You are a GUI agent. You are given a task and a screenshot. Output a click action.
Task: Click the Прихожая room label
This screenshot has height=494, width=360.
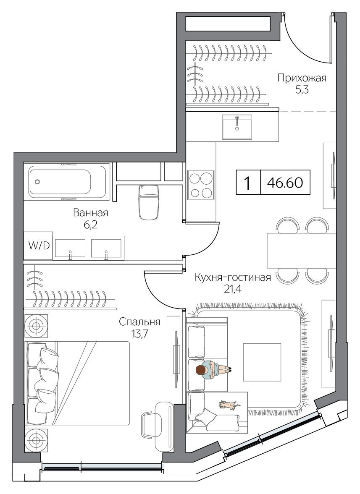point(302,78)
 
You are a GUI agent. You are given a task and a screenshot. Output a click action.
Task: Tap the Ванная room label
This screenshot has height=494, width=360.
point(90,213)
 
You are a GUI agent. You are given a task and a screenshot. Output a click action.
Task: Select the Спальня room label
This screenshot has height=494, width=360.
point(139,322)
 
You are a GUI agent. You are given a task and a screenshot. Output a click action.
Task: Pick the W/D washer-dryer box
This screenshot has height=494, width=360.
point(38,246)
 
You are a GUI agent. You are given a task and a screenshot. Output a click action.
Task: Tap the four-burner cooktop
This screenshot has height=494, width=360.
point(201,185)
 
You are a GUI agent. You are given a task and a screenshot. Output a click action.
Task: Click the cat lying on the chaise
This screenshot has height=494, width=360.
point(229,405)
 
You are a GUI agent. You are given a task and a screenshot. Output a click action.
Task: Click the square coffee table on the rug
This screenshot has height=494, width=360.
point(262,362)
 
